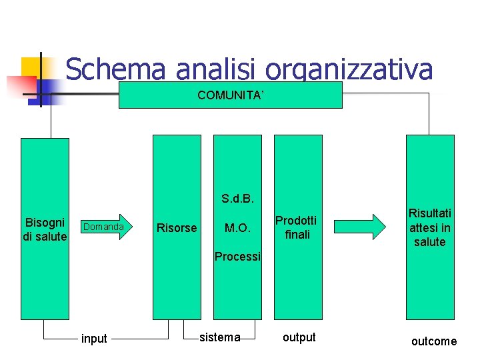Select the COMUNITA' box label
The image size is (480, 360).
tap(231, 95)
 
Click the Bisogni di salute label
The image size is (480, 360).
tap(45, 229)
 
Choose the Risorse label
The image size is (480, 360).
tap(176, 228)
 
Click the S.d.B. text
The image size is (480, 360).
tap(238, 199)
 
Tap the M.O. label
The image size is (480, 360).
tap(237, 228)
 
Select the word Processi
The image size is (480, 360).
tap(238, 257)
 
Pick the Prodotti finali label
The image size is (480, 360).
tap(296, 227)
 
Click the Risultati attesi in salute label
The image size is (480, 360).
tap(430, 227)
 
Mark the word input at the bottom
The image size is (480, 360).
tap(93, 339)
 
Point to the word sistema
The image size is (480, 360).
tap(220, 337)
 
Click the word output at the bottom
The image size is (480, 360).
tap(299, 337)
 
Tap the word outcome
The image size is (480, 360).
tap(434, 341)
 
